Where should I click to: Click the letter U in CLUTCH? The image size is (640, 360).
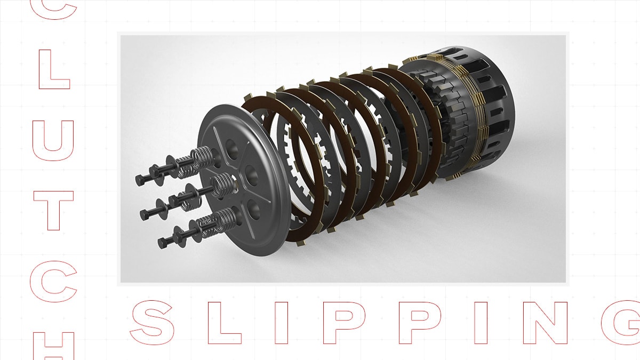pos(53,139)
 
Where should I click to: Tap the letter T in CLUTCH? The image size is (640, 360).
pos(53,210)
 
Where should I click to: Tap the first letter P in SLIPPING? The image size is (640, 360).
pos(341,322)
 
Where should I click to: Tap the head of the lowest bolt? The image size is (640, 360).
pos(163,243)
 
